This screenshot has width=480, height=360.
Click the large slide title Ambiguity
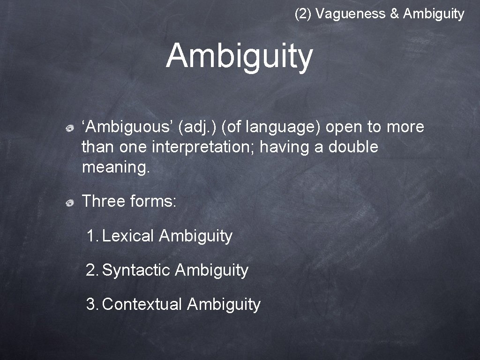[239, 56]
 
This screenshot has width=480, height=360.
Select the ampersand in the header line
[394, 14]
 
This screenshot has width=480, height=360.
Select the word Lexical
[128, 236]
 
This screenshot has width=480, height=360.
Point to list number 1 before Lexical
[91, 236]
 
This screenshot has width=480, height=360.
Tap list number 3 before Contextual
[91, 304]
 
